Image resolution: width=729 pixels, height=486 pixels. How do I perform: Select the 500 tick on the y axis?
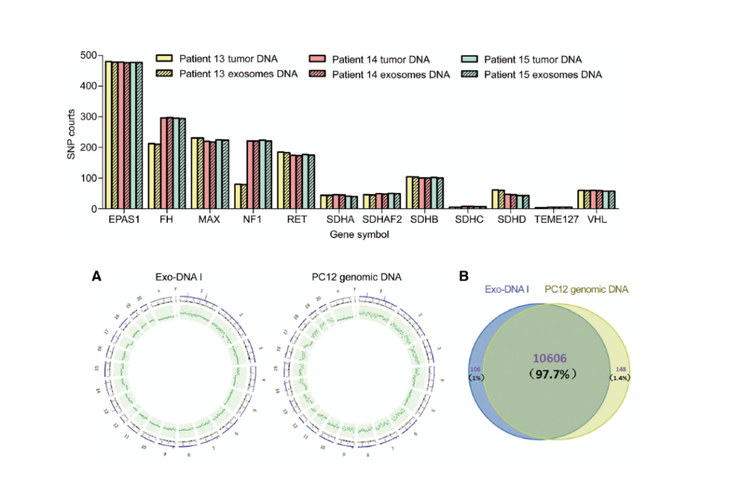87,55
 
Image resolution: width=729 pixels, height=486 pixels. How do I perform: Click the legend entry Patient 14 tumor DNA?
381,59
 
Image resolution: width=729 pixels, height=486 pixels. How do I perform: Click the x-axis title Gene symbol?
359,235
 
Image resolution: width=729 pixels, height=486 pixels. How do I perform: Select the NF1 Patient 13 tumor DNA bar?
238,196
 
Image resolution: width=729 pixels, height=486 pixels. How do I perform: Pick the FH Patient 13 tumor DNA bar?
151,176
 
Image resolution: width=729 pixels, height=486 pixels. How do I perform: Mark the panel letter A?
97,275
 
